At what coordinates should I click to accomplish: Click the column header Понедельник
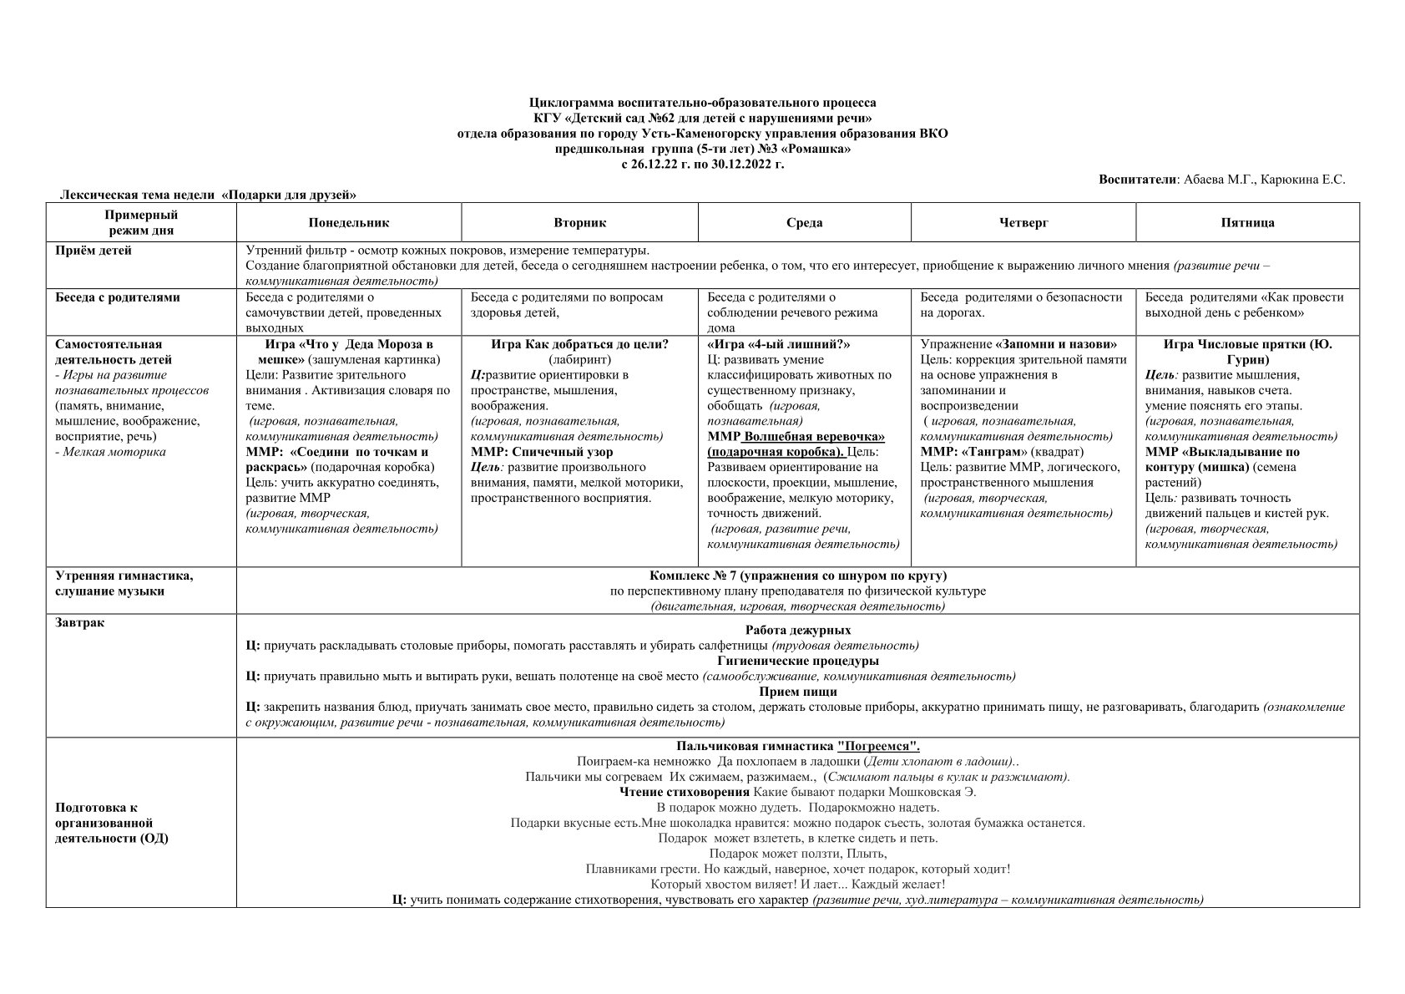(348, 223)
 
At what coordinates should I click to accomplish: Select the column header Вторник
(579, 223)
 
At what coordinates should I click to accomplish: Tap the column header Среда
(804, 223)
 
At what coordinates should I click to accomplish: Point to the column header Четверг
(1023, 223)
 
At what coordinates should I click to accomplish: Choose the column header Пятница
(1247, 223)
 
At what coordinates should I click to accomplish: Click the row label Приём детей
(93, 251)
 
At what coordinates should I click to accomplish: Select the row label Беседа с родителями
(117, 297)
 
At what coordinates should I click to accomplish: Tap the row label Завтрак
(79, 623)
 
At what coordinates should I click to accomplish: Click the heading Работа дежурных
(797, 631)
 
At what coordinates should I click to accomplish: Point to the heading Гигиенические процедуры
(797, 661)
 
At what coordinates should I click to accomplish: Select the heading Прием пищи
(797, 692)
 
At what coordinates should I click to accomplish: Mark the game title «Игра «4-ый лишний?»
(778, 344)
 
